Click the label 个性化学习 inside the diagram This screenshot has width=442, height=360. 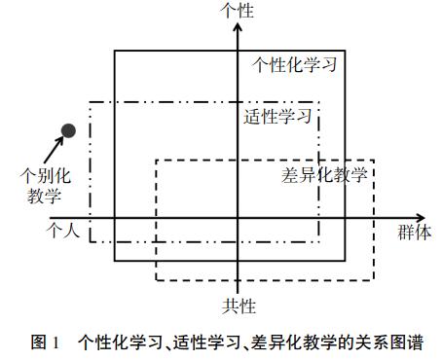pyautogui.click(x=295, y=65)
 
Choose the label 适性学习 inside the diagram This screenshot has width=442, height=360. pyautogui.click(x=277, y=118)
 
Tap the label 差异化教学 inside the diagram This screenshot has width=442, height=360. pyautogui.click(x=324, y=175)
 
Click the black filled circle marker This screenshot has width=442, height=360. pyautogui.click(x=68, y=130)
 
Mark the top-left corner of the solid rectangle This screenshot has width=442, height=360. pyautogui.click(x=115, y=51)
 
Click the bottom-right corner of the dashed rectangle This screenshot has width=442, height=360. pyautogui.click(x=372, y=280)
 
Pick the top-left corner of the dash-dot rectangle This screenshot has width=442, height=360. pyautogui.click(x=91, y=101)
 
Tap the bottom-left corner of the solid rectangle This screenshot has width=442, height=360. pyautogui.click(x=115, y=261)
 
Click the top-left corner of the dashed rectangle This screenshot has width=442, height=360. pyautogui.click(x=157, y=160)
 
